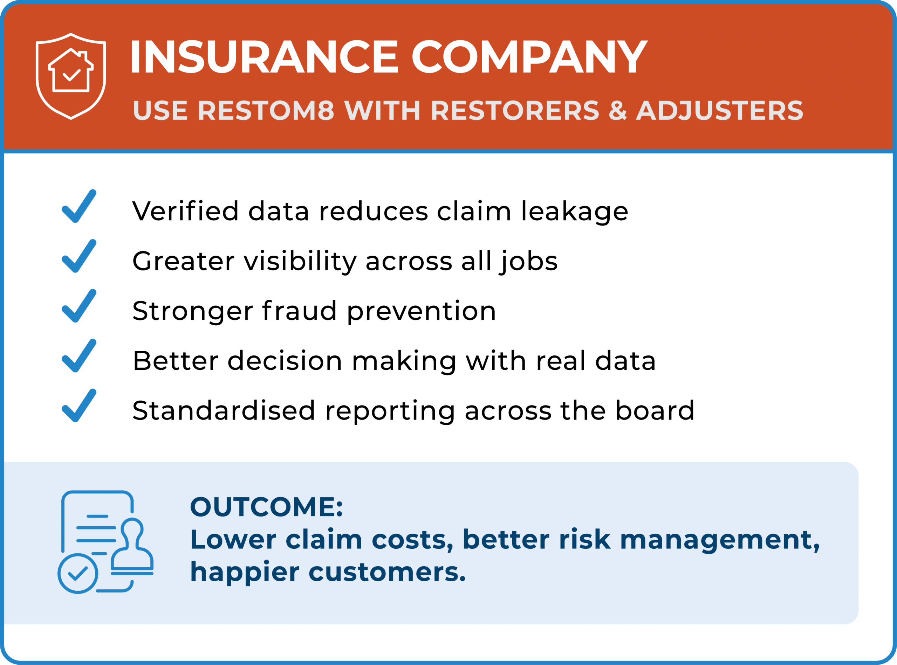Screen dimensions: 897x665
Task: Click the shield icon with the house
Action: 71,76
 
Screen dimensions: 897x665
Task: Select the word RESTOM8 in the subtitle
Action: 266,110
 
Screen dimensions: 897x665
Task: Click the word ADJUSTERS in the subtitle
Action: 719,110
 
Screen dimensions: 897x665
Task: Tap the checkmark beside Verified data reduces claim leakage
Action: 79,206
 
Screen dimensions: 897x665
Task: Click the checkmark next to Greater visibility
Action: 79,256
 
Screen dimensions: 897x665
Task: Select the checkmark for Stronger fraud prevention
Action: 79,305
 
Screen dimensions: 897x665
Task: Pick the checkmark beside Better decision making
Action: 79,355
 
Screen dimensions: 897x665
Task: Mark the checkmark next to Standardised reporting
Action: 79,406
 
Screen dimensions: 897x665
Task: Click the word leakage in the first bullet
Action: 574,212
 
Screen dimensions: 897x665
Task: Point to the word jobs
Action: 528,262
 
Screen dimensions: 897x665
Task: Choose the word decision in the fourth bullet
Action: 285,361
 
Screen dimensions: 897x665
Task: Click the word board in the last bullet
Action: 655,411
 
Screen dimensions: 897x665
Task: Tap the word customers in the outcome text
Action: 387,573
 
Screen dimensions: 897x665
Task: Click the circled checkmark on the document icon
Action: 78,573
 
